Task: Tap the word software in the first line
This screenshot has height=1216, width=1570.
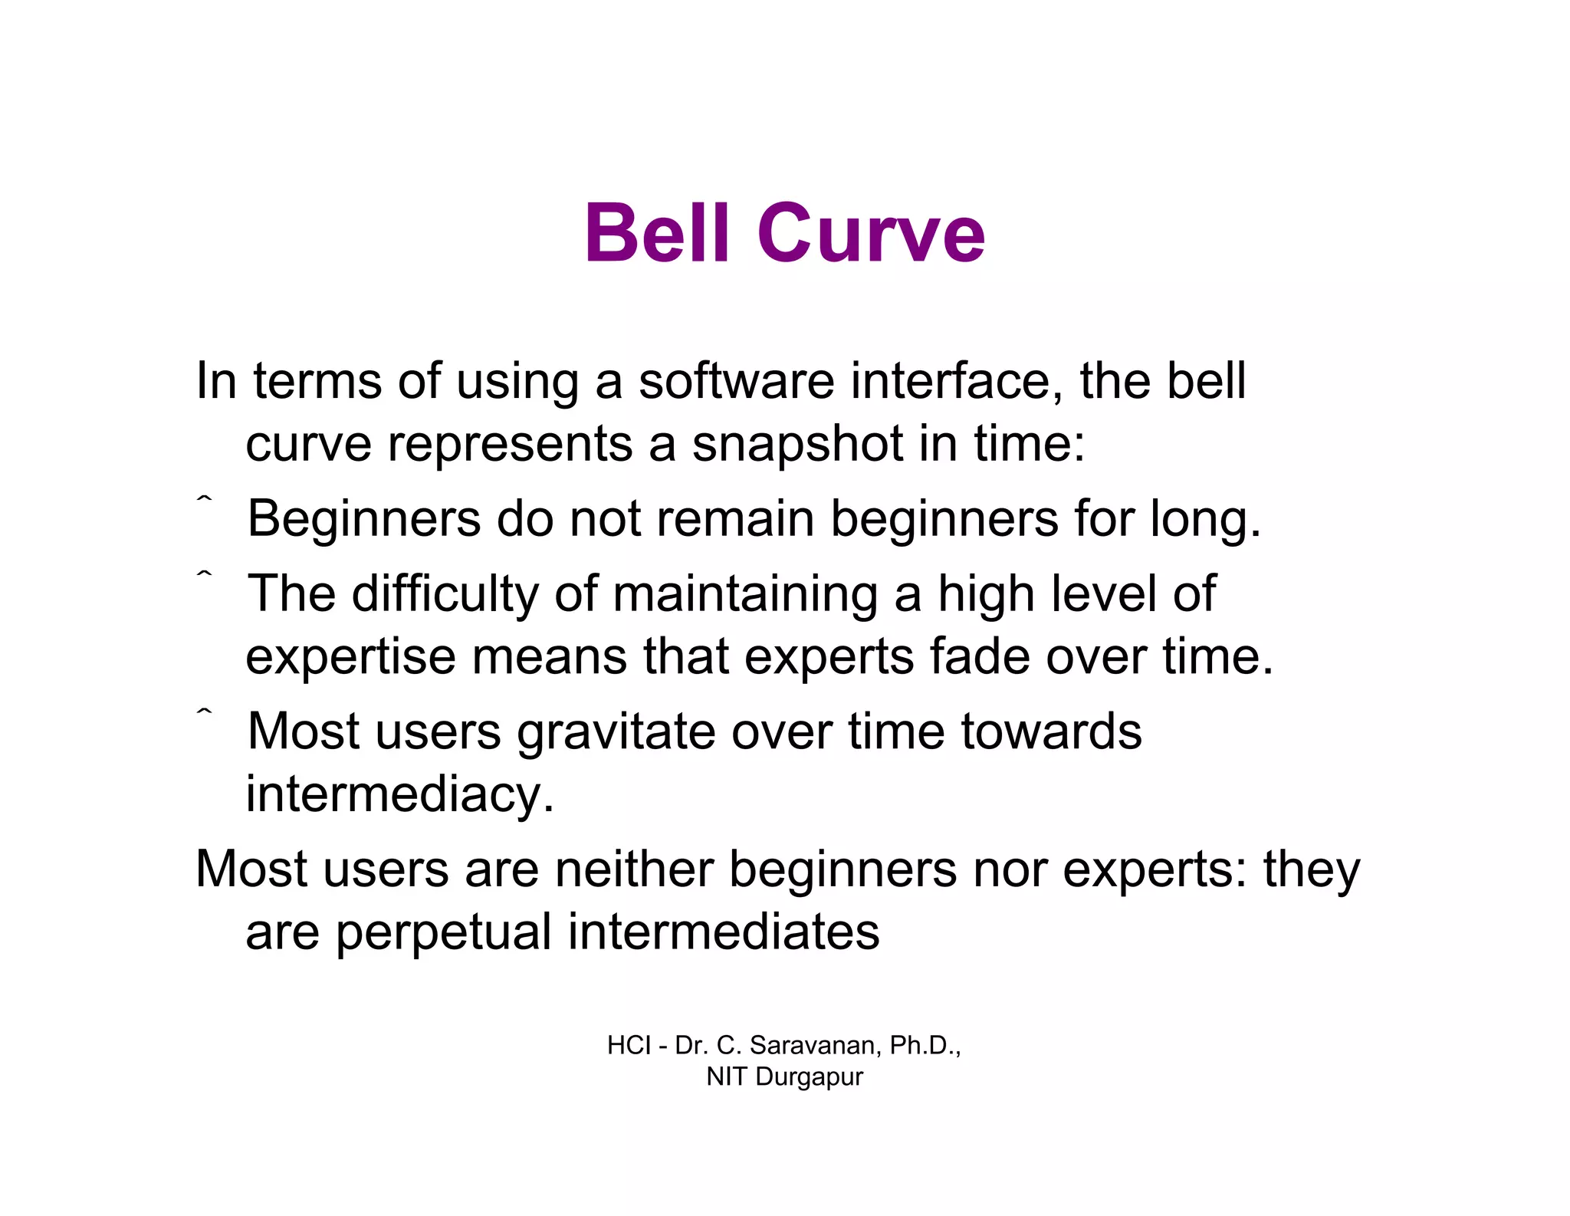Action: point(736,381)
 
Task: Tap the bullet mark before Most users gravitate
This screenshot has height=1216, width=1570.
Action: point(203,714)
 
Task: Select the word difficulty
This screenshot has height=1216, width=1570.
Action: point(445,594)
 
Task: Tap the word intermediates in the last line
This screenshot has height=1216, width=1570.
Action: point(723,932)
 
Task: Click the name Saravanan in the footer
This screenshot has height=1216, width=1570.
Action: point(816,1045)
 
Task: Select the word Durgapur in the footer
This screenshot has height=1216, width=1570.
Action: point(809,1076)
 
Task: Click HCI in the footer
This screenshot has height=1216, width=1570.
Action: point(629,1045)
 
